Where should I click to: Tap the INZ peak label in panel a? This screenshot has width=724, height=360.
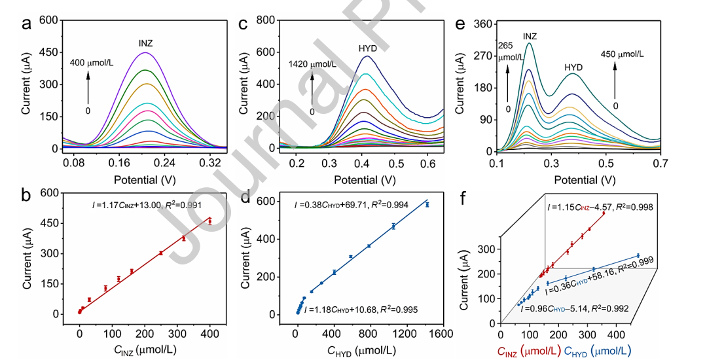tap(146, 44)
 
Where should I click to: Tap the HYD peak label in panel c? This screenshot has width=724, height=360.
tap(368, 48)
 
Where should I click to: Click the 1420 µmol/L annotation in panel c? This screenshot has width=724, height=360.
tap(313, 64)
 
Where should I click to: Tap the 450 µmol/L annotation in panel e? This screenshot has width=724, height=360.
tap(622, 54)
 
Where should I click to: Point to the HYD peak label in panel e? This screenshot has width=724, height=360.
tap(574, 67)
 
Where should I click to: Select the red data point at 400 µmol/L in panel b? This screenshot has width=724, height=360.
tap(210, 221)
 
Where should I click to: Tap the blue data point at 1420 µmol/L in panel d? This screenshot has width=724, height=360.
tap(427, 205)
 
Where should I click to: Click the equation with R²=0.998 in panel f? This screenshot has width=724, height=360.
tap(600, 207)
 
